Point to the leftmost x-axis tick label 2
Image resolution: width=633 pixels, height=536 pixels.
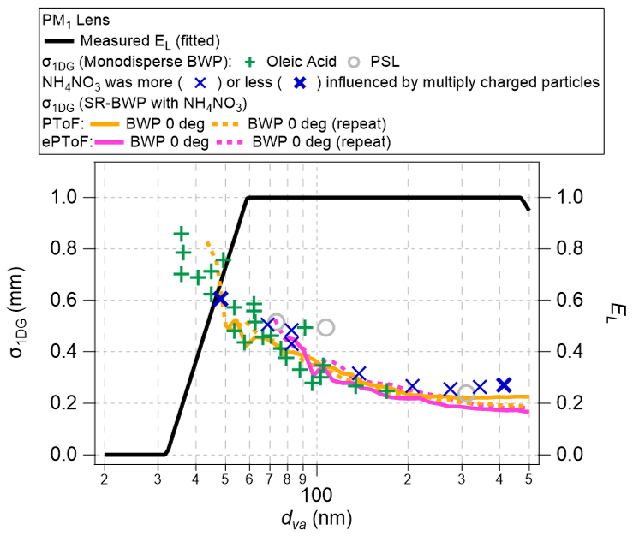click(x=104, y=479)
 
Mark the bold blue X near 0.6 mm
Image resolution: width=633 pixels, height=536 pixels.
click(x=219, y=298)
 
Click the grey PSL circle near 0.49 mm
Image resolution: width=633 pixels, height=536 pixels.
click(x=325, y=327)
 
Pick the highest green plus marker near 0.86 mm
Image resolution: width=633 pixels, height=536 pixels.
click(x=181, y=233)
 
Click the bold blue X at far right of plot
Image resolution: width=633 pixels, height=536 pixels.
click(x=505, y=385)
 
